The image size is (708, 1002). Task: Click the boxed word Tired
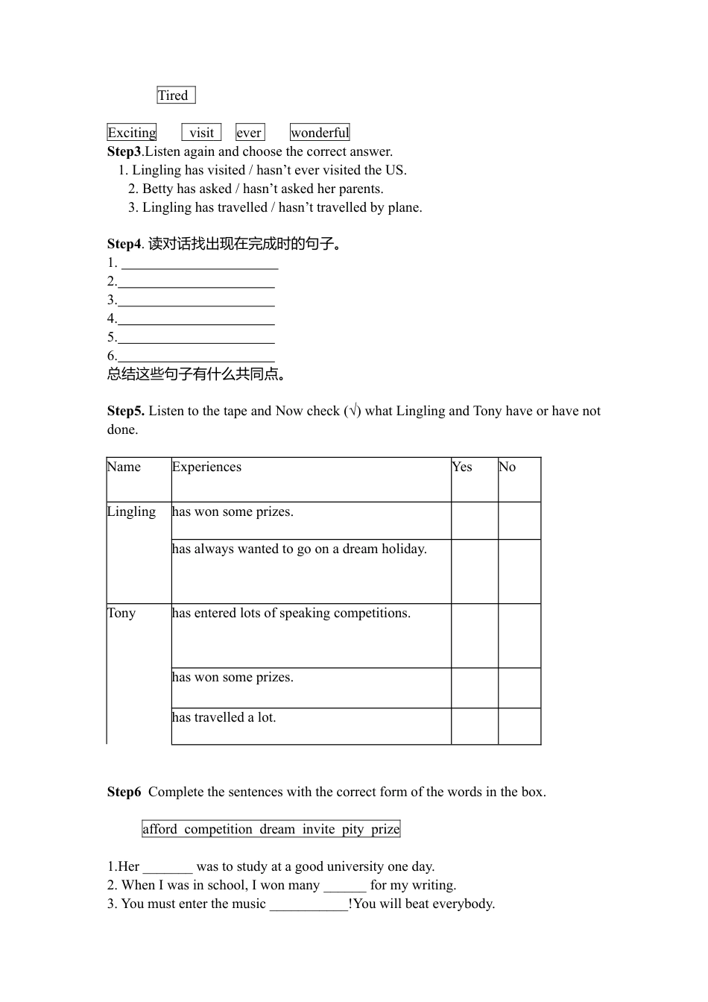(x=175, y=95)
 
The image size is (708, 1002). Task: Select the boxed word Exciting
(x=132, y=133)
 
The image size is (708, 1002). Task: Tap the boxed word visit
(x=201, y=133)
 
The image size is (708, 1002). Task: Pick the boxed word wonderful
(x=320, y=133)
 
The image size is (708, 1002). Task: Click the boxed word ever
(x=250, y=133)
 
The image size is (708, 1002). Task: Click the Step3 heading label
(x=124, y=151)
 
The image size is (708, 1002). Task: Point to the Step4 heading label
(x=124, y=244)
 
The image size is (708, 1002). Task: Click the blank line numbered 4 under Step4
(x=196, y=320)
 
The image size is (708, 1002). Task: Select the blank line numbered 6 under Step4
(x=196, y=357)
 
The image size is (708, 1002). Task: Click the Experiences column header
(x=206, y=467)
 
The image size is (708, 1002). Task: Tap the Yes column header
(x=462, y=467)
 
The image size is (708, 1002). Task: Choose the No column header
(x=508, y=467)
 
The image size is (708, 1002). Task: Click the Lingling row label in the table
(x=131, y=511)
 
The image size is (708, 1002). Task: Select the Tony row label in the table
(x=121, y=613)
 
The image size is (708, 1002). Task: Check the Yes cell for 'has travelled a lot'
(x=474, y=726)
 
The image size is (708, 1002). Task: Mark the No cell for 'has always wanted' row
(x=519, y=571)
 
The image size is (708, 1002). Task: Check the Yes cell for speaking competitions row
(x=474, y=635)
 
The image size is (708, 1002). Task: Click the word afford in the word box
(x=160, y=829)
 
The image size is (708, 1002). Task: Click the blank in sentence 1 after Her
(x=168, y=867)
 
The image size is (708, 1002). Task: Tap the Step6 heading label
(x=124, y=792)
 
